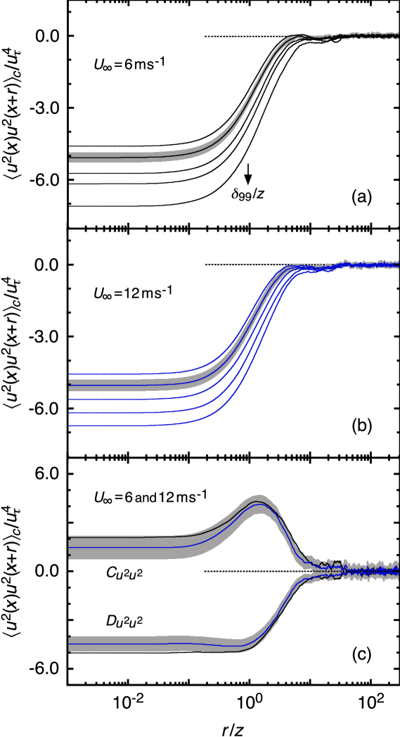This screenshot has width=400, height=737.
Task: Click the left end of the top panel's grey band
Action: point(70,158)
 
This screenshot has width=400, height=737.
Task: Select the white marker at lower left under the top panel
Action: point(74,228)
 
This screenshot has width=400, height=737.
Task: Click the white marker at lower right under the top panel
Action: point(394,227)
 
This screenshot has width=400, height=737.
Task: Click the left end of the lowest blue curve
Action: point(70,425)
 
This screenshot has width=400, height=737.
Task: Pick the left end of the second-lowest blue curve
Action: point(70,413)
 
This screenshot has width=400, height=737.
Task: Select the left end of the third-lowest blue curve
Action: point(70,399)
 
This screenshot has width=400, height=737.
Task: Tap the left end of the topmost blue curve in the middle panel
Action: point(70,374)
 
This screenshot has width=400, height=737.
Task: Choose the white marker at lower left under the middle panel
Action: point(74,457)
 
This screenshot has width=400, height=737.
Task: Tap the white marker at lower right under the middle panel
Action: point(394,456)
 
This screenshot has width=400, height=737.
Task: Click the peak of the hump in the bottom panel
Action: point(259,502)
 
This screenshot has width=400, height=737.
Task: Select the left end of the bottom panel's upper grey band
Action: point(70,547)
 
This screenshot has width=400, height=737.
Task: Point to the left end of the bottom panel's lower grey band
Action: point(70,643)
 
